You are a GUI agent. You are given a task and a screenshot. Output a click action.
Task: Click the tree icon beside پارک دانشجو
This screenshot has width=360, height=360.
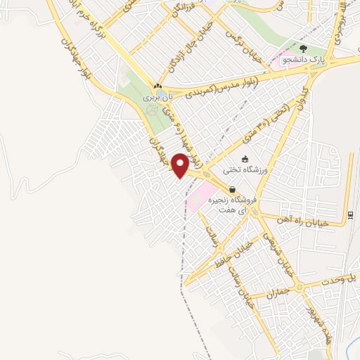pyautogui.click(x=303, y=49)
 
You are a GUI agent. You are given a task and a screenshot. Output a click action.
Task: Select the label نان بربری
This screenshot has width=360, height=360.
pyautogui.click(x=157, y=98)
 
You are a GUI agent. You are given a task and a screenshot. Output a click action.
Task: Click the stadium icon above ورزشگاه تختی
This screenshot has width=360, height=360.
pyautogui.click(x=244, y=159)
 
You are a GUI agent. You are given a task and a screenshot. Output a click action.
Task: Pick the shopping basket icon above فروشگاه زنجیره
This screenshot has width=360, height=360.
pyautogui.click(x=232, y=189)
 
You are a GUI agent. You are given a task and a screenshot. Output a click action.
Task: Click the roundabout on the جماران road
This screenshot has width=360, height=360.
pyautogui.click(x=300, y=287)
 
